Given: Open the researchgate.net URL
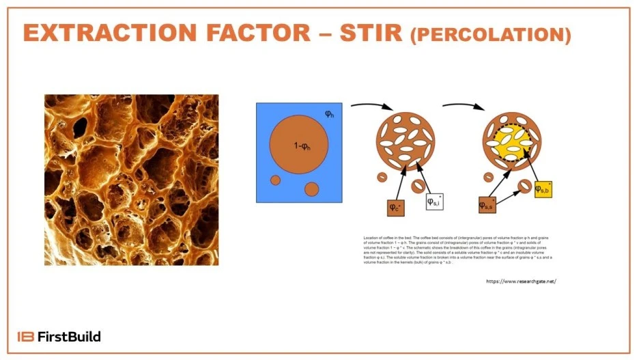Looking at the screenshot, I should pyautogui.click(x=521, y=281).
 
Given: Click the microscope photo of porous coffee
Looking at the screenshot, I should pyautogui.click(x=131, y=179).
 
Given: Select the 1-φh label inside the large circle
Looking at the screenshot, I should pyautogui.click(x=298, y=146).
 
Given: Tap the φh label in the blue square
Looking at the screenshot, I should pyautogui.click(x=329, y=113).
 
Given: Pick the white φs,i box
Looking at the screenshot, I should pyautogui.click(x=435, y=202).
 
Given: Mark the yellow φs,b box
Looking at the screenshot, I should pyautogui.click(x=543, y=189).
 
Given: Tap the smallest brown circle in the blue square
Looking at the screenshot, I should pyautogui.click(x=276, y=180).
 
